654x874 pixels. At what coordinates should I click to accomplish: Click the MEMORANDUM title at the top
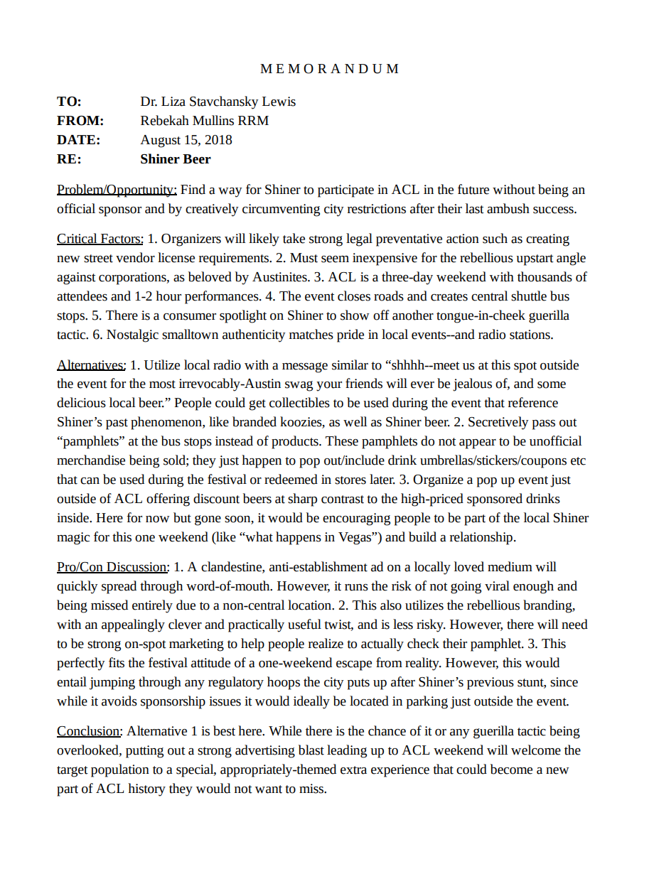click(329, 69)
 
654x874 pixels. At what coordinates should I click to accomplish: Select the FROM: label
click(80, 121)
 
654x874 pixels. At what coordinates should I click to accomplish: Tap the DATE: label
click(78, 140)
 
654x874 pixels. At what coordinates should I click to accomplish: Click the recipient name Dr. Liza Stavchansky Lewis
click(218, 102)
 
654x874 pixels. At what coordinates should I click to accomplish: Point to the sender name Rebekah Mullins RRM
click(204, 121)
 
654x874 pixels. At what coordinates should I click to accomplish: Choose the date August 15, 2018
click(186, 140)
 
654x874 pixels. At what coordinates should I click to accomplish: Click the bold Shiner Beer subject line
click(175, 159)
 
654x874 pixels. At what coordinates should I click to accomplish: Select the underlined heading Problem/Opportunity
click(117, 190)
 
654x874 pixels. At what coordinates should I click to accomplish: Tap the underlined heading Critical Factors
click(100, 239)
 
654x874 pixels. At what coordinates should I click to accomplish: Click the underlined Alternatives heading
click(91, 365)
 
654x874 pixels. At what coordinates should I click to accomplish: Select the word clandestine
click(232, 567)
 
